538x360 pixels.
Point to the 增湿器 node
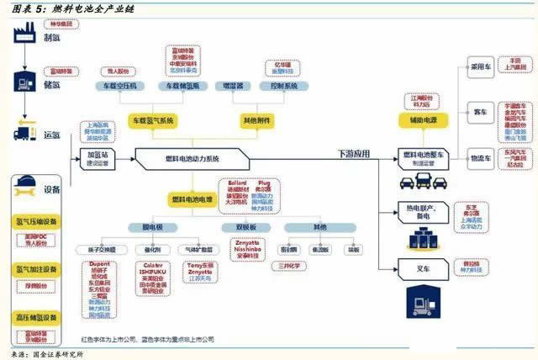[x=230, y=86]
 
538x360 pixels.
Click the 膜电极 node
[x=151, y=228]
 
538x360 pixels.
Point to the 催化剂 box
[x=152, y=249]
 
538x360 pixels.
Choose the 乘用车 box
[x=480, y=65]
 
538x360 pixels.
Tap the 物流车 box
[x=480, y=157]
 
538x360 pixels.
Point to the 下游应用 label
[x=354, y=153]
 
